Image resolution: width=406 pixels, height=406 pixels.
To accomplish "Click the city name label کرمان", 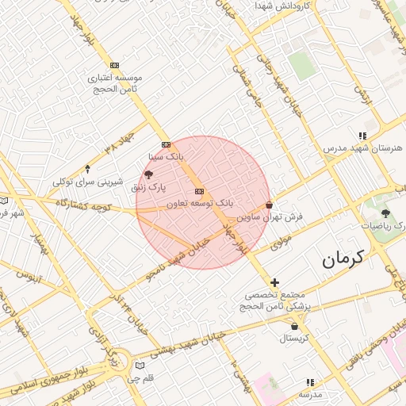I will [343, 259].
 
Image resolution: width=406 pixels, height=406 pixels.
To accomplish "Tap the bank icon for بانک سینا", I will [166, 144].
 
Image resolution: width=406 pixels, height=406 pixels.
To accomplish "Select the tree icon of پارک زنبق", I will [149, 174].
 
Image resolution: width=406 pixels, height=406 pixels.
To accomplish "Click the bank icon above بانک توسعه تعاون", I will [198, 191].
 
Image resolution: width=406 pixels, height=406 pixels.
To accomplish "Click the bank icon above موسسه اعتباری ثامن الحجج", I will [116, 65].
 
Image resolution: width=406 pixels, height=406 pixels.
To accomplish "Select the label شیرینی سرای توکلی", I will [88, 182].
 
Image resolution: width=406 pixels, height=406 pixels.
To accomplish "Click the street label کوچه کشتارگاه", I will [82, 205].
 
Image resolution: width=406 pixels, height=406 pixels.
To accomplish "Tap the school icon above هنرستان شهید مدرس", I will [362, 136].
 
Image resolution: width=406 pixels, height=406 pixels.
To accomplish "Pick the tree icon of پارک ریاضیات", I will [385, 214].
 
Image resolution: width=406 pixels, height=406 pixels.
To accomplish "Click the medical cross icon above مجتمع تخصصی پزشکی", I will [274, 282].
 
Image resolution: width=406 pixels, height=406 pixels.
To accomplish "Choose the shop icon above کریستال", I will [295, 325].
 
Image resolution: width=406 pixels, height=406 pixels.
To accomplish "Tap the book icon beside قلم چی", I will [140, 366].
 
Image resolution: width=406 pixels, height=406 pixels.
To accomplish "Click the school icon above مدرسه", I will [309, 381].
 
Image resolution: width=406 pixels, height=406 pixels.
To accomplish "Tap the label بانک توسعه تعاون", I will [199, 204].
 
